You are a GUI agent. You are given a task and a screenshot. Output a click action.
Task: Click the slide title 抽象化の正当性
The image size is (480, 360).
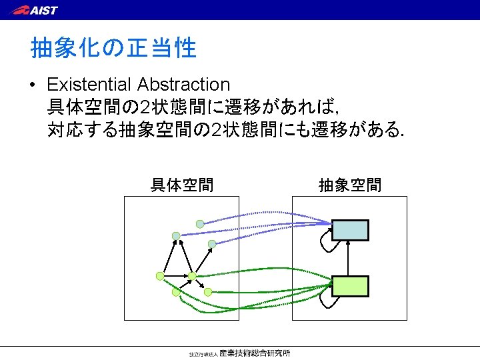coord(113,48)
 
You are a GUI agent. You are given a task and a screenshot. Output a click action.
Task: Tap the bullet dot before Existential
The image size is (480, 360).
coord(33,85)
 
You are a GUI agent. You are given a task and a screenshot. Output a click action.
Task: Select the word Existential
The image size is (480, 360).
coord(89,85)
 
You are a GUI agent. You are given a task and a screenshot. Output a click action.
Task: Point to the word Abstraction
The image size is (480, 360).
coord(183,85)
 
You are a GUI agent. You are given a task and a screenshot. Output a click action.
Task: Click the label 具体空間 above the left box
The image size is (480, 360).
coord(182,185)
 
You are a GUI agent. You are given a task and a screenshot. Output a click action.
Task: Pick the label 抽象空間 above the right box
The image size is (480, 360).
coord(350,185)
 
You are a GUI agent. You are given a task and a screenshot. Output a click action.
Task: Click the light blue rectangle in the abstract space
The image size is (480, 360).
coord(350,229)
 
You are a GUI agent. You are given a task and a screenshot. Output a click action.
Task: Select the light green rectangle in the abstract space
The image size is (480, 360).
coord(350,285)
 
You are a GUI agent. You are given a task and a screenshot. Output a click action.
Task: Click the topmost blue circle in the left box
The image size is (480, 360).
coord(200,224)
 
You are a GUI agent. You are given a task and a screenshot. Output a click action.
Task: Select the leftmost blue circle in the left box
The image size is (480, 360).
coord(176,236)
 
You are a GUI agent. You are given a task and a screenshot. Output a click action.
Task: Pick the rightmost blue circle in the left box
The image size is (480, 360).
coord(212,244)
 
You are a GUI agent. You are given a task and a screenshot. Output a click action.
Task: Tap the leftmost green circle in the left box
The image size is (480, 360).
coord(160,275)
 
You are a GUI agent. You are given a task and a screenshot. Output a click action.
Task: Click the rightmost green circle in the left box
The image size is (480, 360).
coord(207,292)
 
